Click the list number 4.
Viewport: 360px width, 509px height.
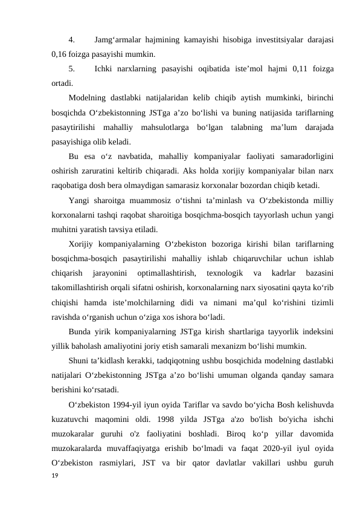tap(71, 41)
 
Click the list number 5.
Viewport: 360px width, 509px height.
tap(71, 70)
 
